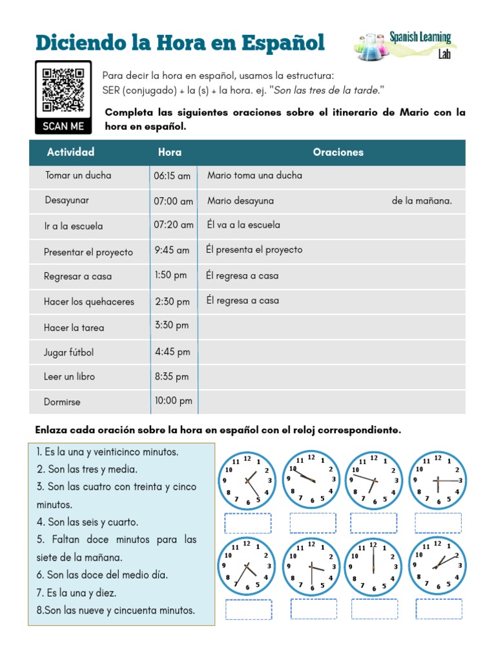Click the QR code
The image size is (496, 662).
point(63,90)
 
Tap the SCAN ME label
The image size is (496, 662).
point(63,126)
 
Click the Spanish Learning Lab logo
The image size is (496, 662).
point(406,45)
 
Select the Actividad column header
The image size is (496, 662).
point(70,152)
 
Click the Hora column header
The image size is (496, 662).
point(170,153)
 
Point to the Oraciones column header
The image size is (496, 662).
point(338,153)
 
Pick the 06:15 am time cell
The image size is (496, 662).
point(172,176)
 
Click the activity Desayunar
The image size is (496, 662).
point(67,200)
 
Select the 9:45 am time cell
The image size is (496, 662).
point(172,250)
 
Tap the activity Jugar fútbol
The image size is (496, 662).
point(68,352)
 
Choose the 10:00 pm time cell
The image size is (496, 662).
point(173,401)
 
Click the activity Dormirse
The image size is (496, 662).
point(63,402)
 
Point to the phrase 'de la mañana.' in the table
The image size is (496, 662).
point(422,201)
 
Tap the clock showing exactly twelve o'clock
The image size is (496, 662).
point(373,567)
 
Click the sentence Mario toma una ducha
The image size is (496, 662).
point(254,175)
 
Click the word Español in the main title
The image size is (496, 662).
point(283,43)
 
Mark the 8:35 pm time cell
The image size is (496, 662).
point(172,376)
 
